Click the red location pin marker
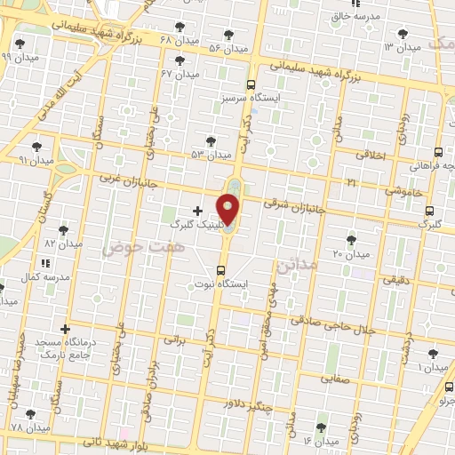coord(228,210)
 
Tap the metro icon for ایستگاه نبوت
coord(221,270)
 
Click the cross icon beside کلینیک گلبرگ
coord(196,210)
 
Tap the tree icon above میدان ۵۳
coord(211,141)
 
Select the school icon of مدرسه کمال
coord(45,263)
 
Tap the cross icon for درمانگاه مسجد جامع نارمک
coord(64,328)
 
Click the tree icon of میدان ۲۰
coord(351,240)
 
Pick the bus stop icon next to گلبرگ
coord(429,212)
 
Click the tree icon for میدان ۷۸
coord(33,414)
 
